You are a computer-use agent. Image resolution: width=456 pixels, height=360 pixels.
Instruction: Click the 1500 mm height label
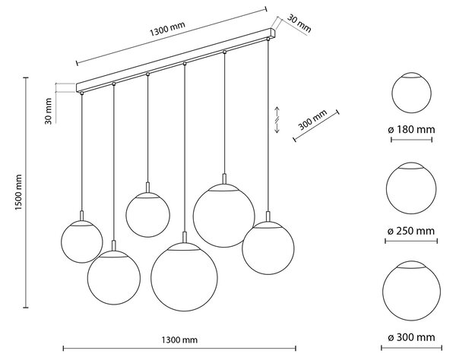point(18,193)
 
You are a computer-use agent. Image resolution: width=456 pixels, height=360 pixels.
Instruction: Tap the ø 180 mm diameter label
point(411,129)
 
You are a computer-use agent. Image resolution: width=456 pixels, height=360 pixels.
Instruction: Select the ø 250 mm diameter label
point(411,231)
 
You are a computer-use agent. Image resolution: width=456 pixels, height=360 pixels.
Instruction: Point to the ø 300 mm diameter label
point(411,337)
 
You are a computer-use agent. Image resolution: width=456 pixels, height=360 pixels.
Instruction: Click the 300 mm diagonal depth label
point(312,119)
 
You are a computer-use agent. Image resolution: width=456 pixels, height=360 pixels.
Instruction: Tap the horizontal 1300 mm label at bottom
point(179,339)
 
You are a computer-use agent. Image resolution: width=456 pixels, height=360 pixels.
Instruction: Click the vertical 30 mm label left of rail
point(49,112)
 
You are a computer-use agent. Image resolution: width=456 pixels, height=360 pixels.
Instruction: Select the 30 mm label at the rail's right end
point(299,24)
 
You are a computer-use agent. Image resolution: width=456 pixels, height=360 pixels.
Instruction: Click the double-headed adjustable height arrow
point(277,120)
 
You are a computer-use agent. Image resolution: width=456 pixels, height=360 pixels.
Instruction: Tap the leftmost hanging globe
point(82,242)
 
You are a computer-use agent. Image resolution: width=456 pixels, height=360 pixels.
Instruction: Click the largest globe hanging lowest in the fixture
point(184,277)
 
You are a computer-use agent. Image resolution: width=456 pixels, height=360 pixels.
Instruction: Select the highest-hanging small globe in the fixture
point(147,215)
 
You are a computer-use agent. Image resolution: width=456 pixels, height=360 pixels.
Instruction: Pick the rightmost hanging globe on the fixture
point(268,248)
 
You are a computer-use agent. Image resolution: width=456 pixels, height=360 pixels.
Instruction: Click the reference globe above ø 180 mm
point(411,93)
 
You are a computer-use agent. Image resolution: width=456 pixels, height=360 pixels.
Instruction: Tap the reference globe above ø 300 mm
point(411,291)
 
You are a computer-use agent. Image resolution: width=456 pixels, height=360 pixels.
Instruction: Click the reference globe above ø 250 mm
point(411,188)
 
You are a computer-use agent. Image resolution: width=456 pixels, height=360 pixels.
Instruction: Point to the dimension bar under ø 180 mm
point(411,140)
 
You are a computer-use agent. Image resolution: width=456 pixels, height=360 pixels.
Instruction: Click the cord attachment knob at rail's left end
point(82,93)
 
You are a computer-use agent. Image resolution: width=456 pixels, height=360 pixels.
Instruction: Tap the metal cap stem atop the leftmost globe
point(82,216)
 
